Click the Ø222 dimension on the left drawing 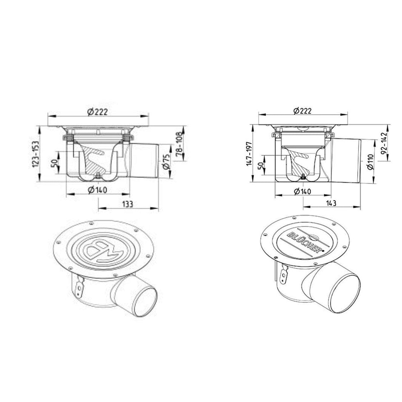tap(98, 112)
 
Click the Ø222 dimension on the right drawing tap(302, 111)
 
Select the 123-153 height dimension tap(36, 154)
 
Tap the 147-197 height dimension tap(250, 154)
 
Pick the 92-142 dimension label tap(384, 144)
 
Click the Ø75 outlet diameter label tap(166, 161)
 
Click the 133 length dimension tap(127, 204)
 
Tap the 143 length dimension tap(331, 203)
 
